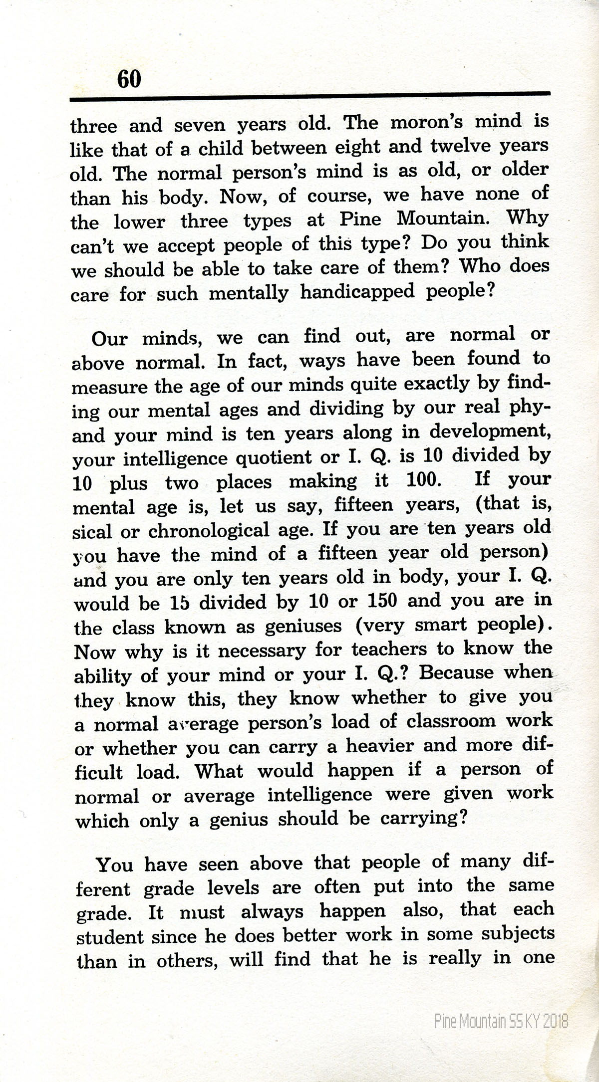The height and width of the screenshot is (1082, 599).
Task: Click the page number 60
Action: point(129,79)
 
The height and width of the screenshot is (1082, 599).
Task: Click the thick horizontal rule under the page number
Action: point(309,96)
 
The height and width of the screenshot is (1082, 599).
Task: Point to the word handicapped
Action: point(357,292)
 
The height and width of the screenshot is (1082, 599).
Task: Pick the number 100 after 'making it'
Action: point(423,480)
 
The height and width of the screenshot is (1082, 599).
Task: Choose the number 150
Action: point(381,600)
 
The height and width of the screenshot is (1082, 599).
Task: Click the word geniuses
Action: point(303,626)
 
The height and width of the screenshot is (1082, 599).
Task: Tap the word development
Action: point(490,431)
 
